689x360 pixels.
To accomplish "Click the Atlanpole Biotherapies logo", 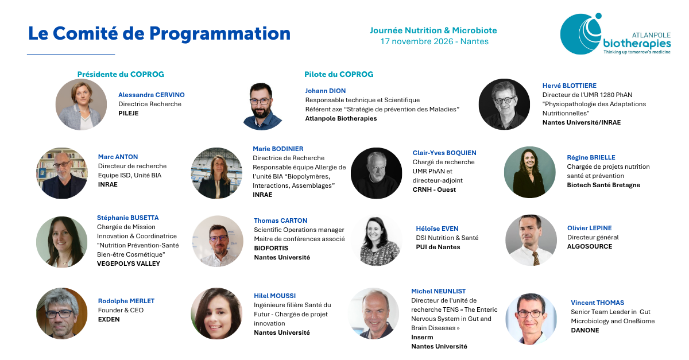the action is [615, 34].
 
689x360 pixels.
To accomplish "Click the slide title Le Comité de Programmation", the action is [160, 33].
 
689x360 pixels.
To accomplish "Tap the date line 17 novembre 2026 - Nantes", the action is [434, 41].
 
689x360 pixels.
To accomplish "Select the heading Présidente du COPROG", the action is [121, 74].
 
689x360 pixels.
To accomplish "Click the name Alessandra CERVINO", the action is [152, 95].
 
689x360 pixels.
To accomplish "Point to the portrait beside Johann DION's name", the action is [262, 106].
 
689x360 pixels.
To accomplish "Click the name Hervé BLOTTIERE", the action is [570, 86].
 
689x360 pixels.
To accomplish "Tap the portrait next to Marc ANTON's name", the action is [62, 173].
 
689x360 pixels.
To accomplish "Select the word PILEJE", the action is [128, 113].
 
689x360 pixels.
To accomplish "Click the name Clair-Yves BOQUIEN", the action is [444, 153].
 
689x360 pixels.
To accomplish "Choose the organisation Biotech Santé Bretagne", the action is [603, 185].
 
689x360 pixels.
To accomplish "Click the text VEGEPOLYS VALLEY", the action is [128, 264].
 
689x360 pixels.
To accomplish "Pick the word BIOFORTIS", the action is [271, 248].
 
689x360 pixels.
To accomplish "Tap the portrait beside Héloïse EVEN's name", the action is [377, 241].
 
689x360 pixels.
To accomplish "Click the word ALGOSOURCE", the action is [590, 246].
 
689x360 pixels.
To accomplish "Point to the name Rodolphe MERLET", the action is [126, 301].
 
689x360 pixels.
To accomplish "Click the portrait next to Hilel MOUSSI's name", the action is [216, 313].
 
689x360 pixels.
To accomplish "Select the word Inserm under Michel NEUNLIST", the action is [422, 337].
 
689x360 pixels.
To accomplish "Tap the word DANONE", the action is [585, 330].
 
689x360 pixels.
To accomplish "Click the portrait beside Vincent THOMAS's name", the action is [531, 319].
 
